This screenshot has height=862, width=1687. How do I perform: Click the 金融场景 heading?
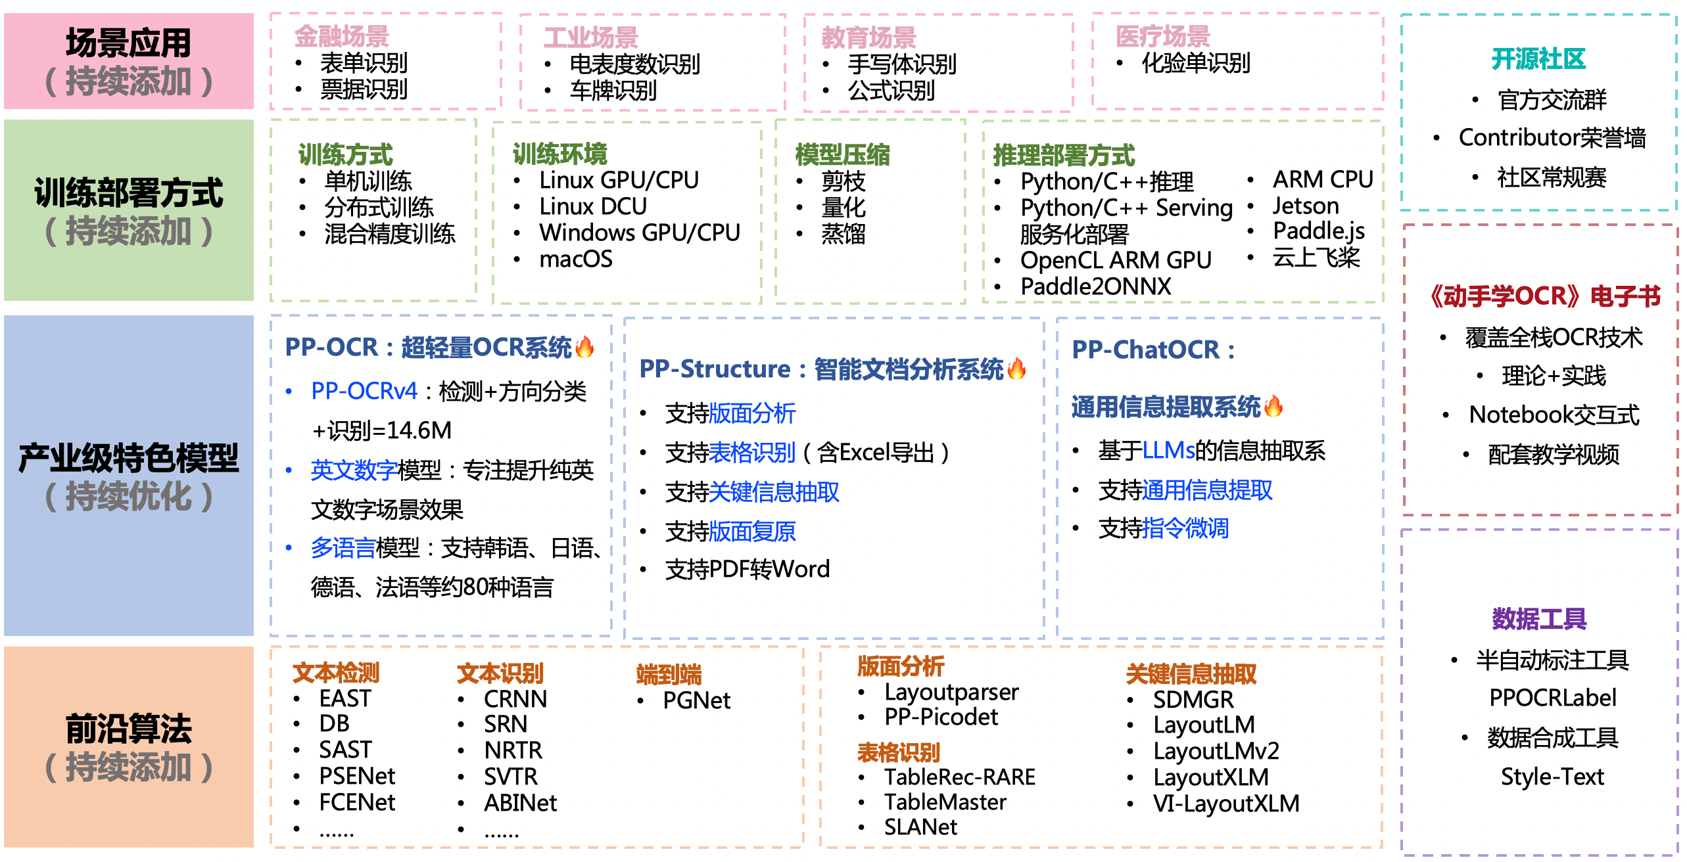coord(341,36)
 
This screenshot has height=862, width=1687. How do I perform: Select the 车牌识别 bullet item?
coord(613,90)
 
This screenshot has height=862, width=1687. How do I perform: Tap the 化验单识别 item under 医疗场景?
coord(1195,63)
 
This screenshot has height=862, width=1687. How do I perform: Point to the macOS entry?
coord(575,260)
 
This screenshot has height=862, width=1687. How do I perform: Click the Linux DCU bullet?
coord(592,207)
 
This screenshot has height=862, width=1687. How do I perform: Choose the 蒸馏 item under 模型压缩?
coord(843,234)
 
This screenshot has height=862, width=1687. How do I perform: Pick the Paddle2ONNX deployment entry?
coord(1095,286)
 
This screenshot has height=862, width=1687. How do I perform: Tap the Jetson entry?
coord(1305,206)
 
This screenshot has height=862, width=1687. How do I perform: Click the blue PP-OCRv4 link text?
coord(364,392)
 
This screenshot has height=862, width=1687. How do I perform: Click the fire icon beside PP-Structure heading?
coord(1016,369)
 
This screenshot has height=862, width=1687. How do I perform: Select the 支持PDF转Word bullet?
coord(747,569)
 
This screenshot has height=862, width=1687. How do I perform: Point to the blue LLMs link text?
coord(1168,451)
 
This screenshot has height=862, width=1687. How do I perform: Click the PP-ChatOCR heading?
coord(1152,350)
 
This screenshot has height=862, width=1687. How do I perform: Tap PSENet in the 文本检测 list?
coord(357,777)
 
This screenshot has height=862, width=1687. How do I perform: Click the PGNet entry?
coord(696,701)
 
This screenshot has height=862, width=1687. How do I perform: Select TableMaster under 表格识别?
coord(945,802)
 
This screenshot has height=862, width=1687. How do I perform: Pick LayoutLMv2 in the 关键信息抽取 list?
coord(1216,751)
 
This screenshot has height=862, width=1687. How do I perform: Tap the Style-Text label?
coord(1552,777)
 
